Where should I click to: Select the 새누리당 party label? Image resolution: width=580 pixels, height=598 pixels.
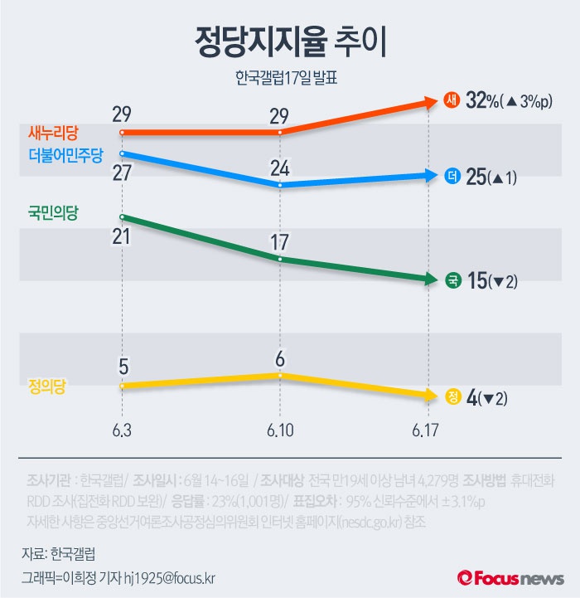52,132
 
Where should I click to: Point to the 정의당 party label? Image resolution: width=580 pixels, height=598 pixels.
41,385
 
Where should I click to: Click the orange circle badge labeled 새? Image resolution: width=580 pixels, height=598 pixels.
452,101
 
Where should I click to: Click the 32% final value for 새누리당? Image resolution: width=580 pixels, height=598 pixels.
481,101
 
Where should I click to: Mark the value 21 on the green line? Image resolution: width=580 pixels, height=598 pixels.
123,236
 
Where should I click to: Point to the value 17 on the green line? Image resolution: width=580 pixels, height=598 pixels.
280,242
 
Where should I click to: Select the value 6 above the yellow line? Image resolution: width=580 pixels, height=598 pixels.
280,359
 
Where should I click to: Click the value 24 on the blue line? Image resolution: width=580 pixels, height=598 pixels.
280,168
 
